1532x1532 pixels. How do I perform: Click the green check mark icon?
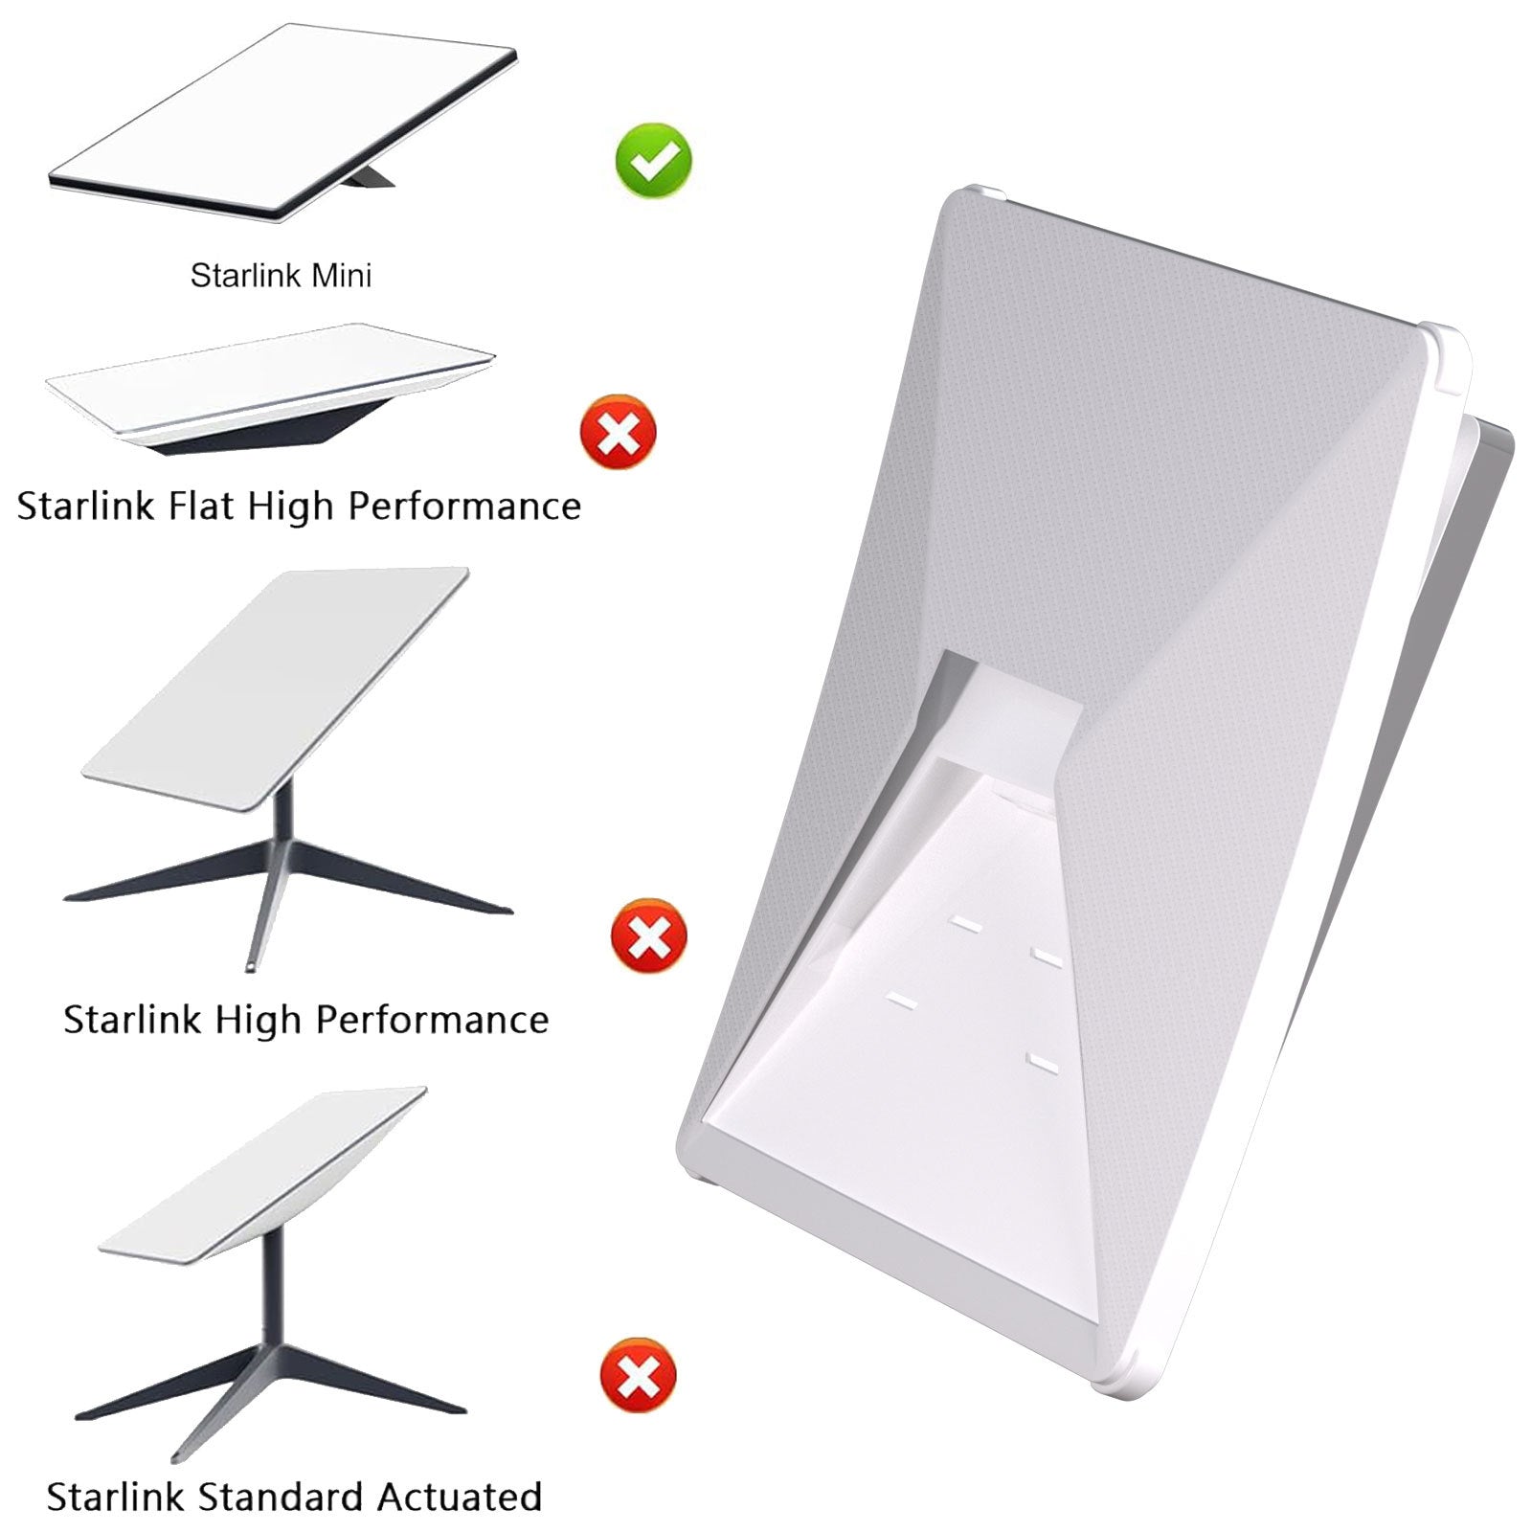(x=654, y=160)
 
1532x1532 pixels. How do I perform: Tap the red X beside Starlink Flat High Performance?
(x=619, y=431)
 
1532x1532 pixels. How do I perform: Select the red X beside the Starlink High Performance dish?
(x=648, y=935)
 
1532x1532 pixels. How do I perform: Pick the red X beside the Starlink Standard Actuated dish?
(x=638, y=1376)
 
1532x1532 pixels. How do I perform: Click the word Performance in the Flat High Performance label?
(x=463, y=506)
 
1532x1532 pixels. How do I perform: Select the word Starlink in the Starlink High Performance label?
(x=133, y=1020)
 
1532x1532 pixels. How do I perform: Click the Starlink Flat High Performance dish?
(x=270, y=390)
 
